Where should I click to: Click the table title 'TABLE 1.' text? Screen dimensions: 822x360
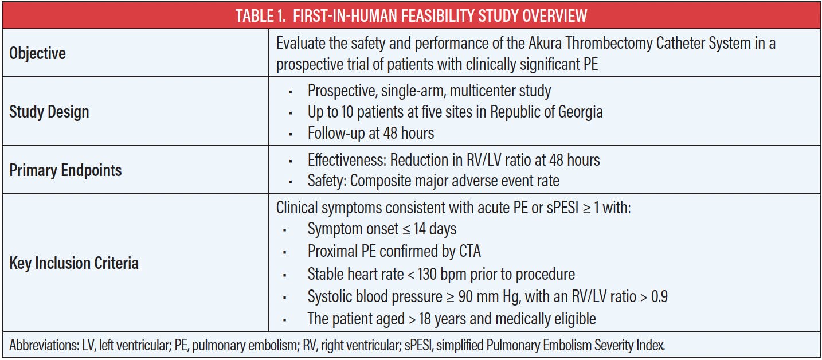261,16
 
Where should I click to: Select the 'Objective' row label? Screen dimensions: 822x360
37,53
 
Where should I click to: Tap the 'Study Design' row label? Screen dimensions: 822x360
49,112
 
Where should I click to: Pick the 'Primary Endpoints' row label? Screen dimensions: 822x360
65,170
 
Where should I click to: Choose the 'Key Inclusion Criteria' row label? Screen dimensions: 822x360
74,263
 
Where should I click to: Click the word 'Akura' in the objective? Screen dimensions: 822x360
545,43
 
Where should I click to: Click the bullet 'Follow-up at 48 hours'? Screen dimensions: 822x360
371,133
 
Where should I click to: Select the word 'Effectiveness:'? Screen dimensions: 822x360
347,160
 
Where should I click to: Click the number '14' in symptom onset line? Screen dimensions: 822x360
420,229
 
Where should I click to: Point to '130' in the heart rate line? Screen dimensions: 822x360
427,274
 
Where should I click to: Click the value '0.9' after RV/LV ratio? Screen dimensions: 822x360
659,296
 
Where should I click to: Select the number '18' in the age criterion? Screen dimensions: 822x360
425,319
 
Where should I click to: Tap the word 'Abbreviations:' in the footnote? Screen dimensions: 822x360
44,345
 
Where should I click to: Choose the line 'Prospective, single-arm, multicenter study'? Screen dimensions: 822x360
429,91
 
